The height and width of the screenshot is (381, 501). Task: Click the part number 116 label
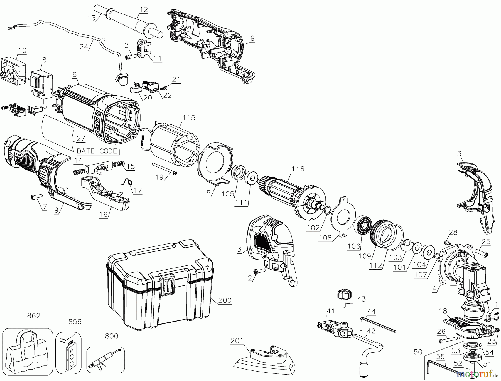(298, 169)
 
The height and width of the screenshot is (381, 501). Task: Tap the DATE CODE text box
(97, 151)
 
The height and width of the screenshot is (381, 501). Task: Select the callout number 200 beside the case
(225, 300)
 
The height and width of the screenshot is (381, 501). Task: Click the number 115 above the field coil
(189, 118)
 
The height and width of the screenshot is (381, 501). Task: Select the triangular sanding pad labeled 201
(264, 361)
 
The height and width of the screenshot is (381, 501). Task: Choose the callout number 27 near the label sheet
(81, 138)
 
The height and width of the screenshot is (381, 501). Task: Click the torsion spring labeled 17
(127, 181)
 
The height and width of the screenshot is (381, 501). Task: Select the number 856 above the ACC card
(75, 322)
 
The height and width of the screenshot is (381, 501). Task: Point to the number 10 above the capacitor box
(22, 50)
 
